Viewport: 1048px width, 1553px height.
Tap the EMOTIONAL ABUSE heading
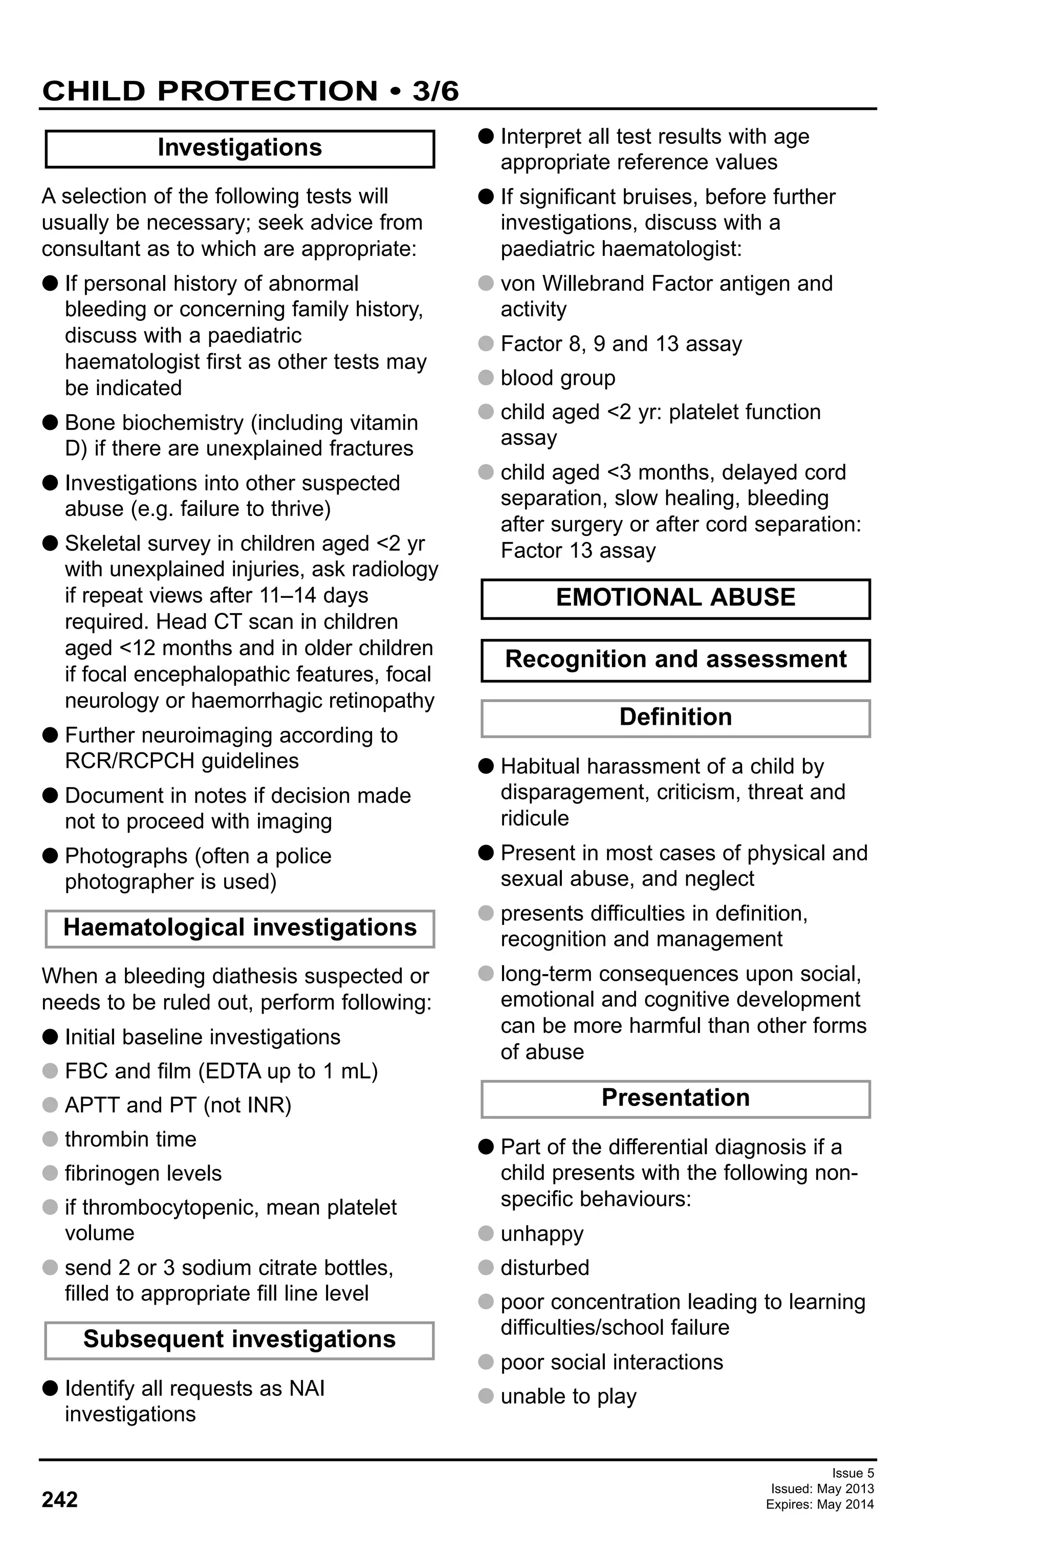675,597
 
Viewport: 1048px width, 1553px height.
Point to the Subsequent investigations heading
239,1339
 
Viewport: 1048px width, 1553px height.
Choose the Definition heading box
675,717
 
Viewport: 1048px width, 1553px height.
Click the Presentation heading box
675,1098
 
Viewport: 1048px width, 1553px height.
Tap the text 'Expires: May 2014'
820,1504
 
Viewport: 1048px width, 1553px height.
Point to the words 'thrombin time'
130,1139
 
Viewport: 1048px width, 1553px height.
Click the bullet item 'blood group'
558,378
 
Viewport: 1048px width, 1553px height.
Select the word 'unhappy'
542,1234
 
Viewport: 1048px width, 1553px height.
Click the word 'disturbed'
545,1268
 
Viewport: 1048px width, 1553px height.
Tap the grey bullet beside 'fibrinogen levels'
50,1173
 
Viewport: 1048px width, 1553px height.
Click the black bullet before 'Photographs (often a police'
50,856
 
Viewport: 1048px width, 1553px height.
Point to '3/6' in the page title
435,91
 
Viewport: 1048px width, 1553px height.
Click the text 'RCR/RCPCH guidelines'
182,761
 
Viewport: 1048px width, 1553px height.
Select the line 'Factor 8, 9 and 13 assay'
621,343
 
